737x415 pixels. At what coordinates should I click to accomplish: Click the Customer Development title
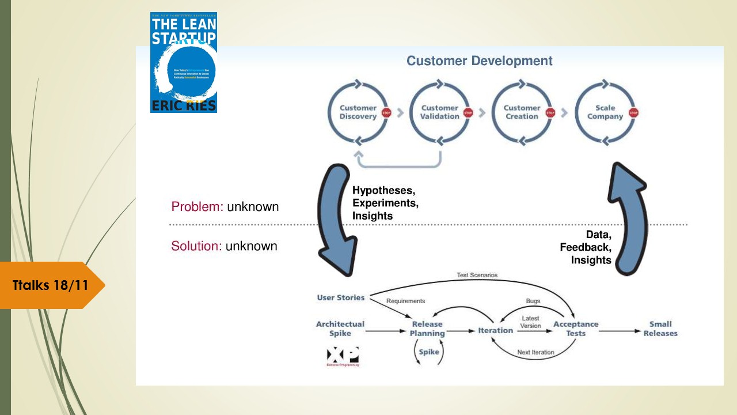pos(479,61)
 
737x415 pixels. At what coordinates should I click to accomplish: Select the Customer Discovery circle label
pos(358,112)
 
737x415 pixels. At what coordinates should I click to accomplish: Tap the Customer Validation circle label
pos(439,112)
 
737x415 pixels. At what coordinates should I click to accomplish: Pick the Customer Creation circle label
pos(522,112)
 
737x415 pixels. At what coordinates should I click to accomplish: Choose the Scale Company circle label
pos(605,112)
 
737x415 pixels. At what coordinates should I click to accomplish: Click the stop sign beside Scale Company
pos(634,113)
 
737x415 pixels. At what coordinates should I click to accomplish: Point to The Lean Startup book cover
pos(184,63)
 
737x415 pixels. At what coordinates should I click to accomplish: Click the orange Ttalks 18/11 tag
pos(51,285)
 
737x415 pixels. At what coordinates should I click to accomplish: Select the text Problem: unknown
pos(225,206)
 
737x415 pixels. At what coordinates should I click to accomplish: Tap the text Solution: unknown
pos(224,246)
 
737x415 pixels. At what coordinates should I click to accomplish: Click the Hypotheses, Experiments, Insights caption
pos(385,203)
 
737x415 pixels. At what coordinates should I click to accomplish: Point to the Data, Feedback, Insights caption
pos(586,247)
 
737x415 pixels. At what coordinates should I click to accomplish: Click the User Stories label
pos(340,297)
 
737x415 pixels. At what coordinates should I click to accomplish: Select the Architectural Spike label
pos(340,329)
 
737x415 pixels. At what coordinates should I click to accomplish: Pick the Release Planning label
pos(427,329)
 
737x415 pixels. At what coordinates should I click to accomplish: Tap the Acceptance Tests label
pos(575,329)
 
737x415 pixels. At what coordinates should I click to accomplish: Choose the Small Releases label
pos(660,329)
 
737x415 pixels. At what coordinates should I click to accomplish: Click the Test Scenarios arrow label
pos(477,276)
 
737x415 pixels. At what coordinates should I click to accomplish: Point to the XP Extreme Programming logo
pos(343,356)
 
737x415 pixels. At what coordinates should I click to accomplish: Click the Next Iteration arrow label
pos(535,352)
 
